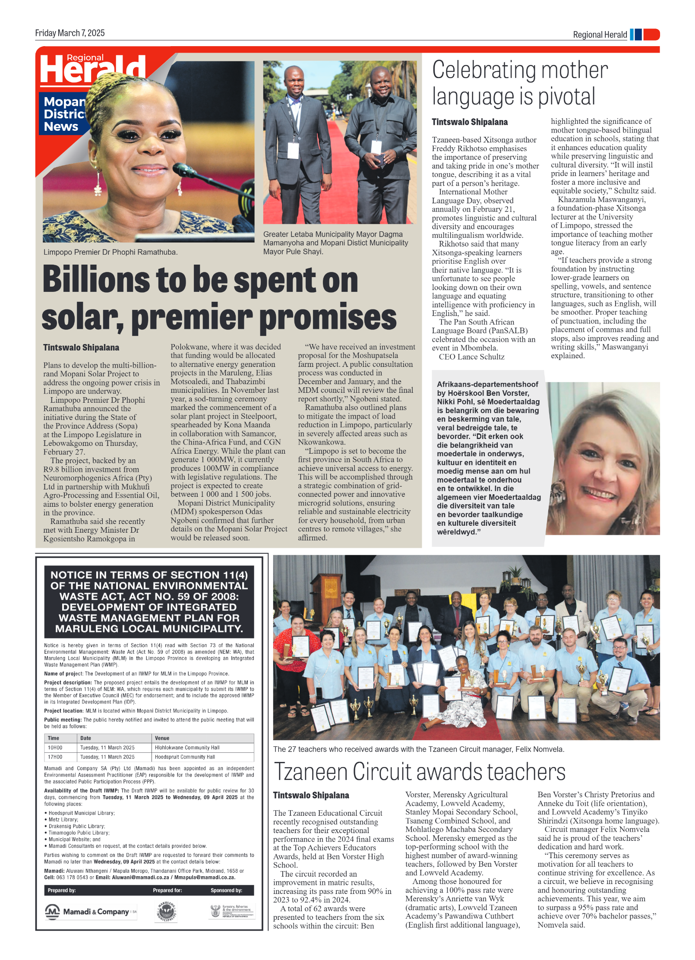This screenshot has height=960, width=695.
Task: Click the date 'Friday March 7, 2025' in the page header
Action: coord(70,33)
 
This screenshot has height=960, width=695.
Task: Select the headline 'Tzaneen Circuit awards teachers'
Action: coord(419,771)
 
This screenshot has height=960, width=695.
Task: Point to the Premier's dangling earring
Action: coord(98,183)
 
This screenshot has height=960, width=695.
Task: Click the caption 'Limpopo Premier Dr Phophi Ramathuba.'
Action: coord(110,252)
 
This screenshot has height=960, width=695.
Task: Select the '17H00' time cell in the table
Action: coord(55,757)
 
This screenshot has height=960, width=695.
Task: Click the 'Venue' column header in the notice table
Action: coord(162,738)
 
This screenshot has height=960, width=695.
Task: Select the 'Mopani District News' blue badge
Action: coord(64,114)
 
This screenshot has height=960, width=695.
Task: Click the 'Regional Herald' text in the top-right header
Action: coord(600,35)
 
